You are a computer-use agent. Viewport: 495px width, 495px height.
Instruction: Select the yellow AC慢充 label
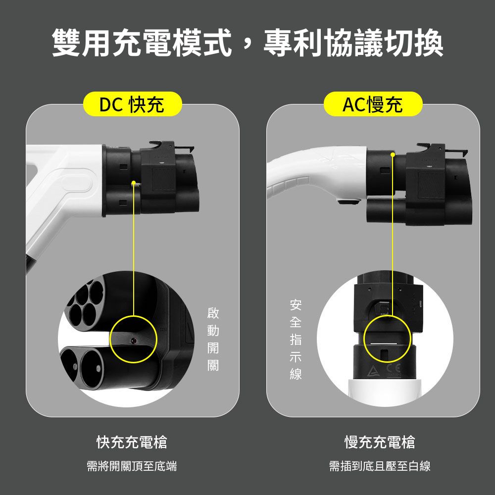pos(373,104)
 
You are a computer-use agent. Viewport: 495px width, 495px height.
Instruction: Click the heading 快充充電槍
pos(132,442)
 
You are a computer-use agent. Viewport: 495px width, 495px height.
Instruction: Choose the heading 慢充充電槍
pos(380,442)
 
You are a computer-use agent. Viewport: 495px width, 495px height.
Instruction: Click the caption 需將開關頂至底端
pos(132,466)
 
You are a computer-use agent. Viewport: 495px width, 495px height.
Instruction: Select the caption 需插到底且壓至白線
pos(380,466)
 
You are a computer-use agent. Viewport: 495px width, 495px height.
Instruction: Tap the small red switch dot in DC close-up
pos(133,340)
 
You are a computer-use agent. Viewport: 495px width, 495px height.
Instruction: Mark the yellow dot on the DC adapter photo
pos(133,183)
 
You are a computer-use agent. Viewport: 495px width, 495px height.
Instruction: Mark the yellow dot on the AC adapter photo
pos(393,155)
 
